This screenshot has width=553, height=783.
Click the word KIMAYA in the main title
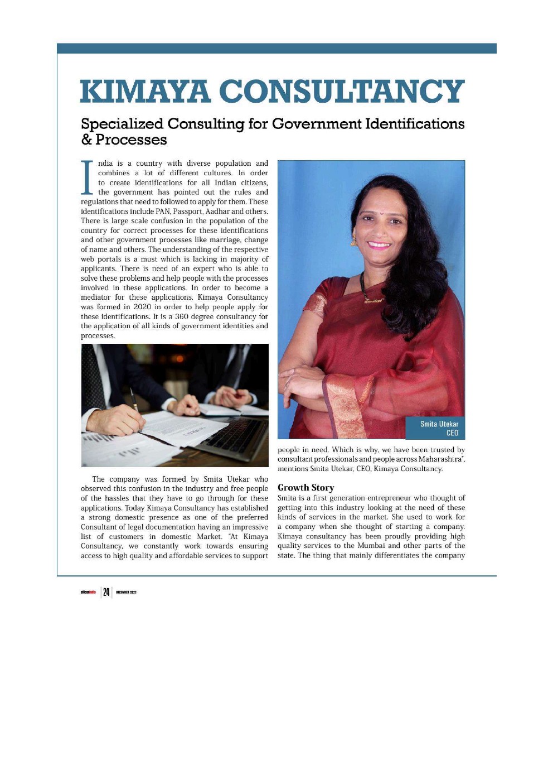(145, 91)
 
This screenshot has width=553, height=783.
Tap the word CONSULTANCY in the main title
(342, 91)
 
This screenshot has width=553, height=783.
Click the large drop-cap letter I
(88, 178)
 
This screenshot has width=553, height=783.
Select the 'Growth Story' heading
(305, 487)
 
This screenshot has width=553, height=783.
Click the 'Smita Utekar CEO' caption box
(435, 428)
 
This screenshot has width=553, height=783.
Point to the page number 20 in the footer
(106, 592)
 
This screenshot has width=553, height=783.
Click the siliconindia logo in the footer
(88, 592)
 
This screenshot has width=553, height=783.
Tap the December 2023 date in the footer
(127, 592)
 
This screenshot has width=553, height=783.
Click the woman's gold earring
(353, 241)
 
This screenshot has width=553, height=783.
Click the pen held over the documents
(134, 402)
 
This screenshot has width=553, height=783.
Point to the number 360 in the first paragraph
(182, 316)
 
